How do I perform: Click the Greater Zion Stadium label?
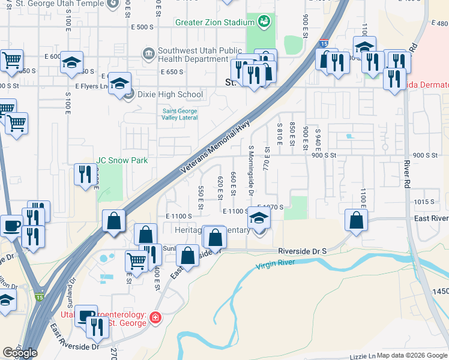coord(215,23)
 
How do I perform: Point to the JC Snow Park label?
coord(122,160)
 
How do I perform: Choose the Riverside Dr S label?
coord(302,250)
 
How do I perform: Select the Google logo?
coord(20,353)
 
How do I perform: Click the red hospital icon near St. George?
coord(155,317)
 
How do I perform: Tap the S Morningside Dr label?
coord(251,169)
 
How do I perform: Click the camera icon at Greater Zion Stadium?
coord(263,23)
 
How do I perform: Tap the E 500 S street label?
coord(142,28)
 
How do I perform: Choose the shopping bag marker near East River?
coord(357,220)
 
